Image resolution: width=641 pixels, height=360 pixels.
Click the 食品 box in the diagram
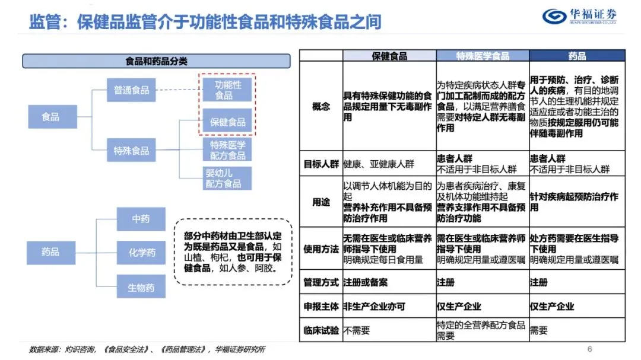(50, 117)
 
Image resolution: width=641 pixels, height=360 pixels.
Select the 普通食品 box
(131, 91)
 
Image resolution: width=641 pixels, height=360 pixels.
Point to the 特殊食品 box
(131, 151)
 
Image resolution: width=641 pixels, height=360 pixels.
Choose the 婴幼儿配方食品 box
(224, 179)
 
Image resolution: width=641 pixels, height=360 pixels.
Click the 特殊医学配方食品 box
(227, 150)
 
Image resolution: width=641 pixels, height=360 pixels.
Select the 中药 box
(141, 219)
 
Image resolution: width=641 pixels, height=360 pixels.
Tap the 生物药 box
(141, 288)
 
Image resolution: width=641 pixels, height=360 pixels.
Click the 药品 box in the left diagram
(50, 252)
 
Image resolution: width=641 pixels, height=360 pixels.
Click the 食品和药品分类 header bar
(156, 61)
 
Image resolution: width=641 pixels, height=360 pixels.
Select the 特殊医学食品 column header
(483, 56)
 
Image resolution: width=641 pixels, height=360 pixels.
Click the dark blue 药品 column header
(577, 56)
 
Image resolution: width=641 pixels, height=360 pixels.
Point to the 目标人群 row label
(321, 164)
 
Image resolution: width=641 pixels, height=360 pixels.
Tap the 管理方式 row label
(321, 282)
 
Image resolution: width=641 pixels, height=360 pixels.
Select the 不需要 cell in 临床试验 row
(356, 331)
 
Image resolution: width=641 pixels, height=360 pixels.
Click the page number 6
(589, 349)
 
